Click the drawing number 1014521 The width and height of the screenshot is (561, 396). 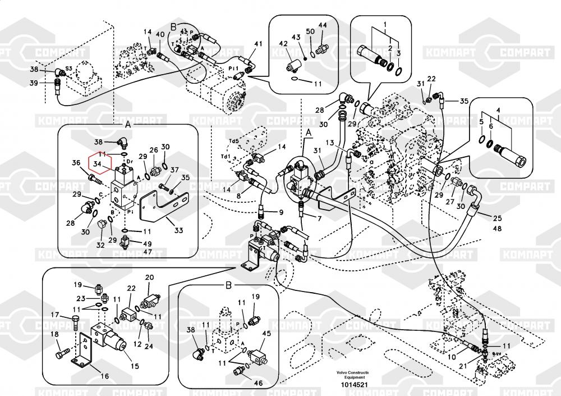(x=352, y=385)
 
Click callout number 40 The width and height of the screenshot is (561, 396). (x=160, y=35)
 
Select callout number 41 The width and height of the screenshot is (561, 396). (x=258, y=44)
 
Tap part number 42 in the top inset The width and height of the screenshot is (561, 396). (x=283, y=44)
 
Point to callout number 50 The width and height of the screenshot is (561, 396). (x=310, y=31)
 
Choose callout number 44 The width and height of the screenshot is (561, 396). (x=323, y=25)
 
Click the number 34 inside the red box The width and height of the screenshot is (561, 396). (x=97, y=164)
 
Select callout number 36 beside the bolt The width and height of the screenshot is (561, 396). (x=76, y=163)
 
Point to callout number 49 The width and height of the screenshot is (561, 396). (x=148, y=244)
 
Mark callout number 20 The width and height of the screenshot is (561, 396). (x=150, y=277)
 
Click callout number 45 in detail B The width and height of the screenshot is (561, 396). (x=266, y=333)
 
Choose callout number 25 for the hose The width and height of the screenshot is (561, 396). (x=498, y=218)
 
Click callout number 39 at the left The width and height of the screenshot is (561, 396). (x=34, y=83)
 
